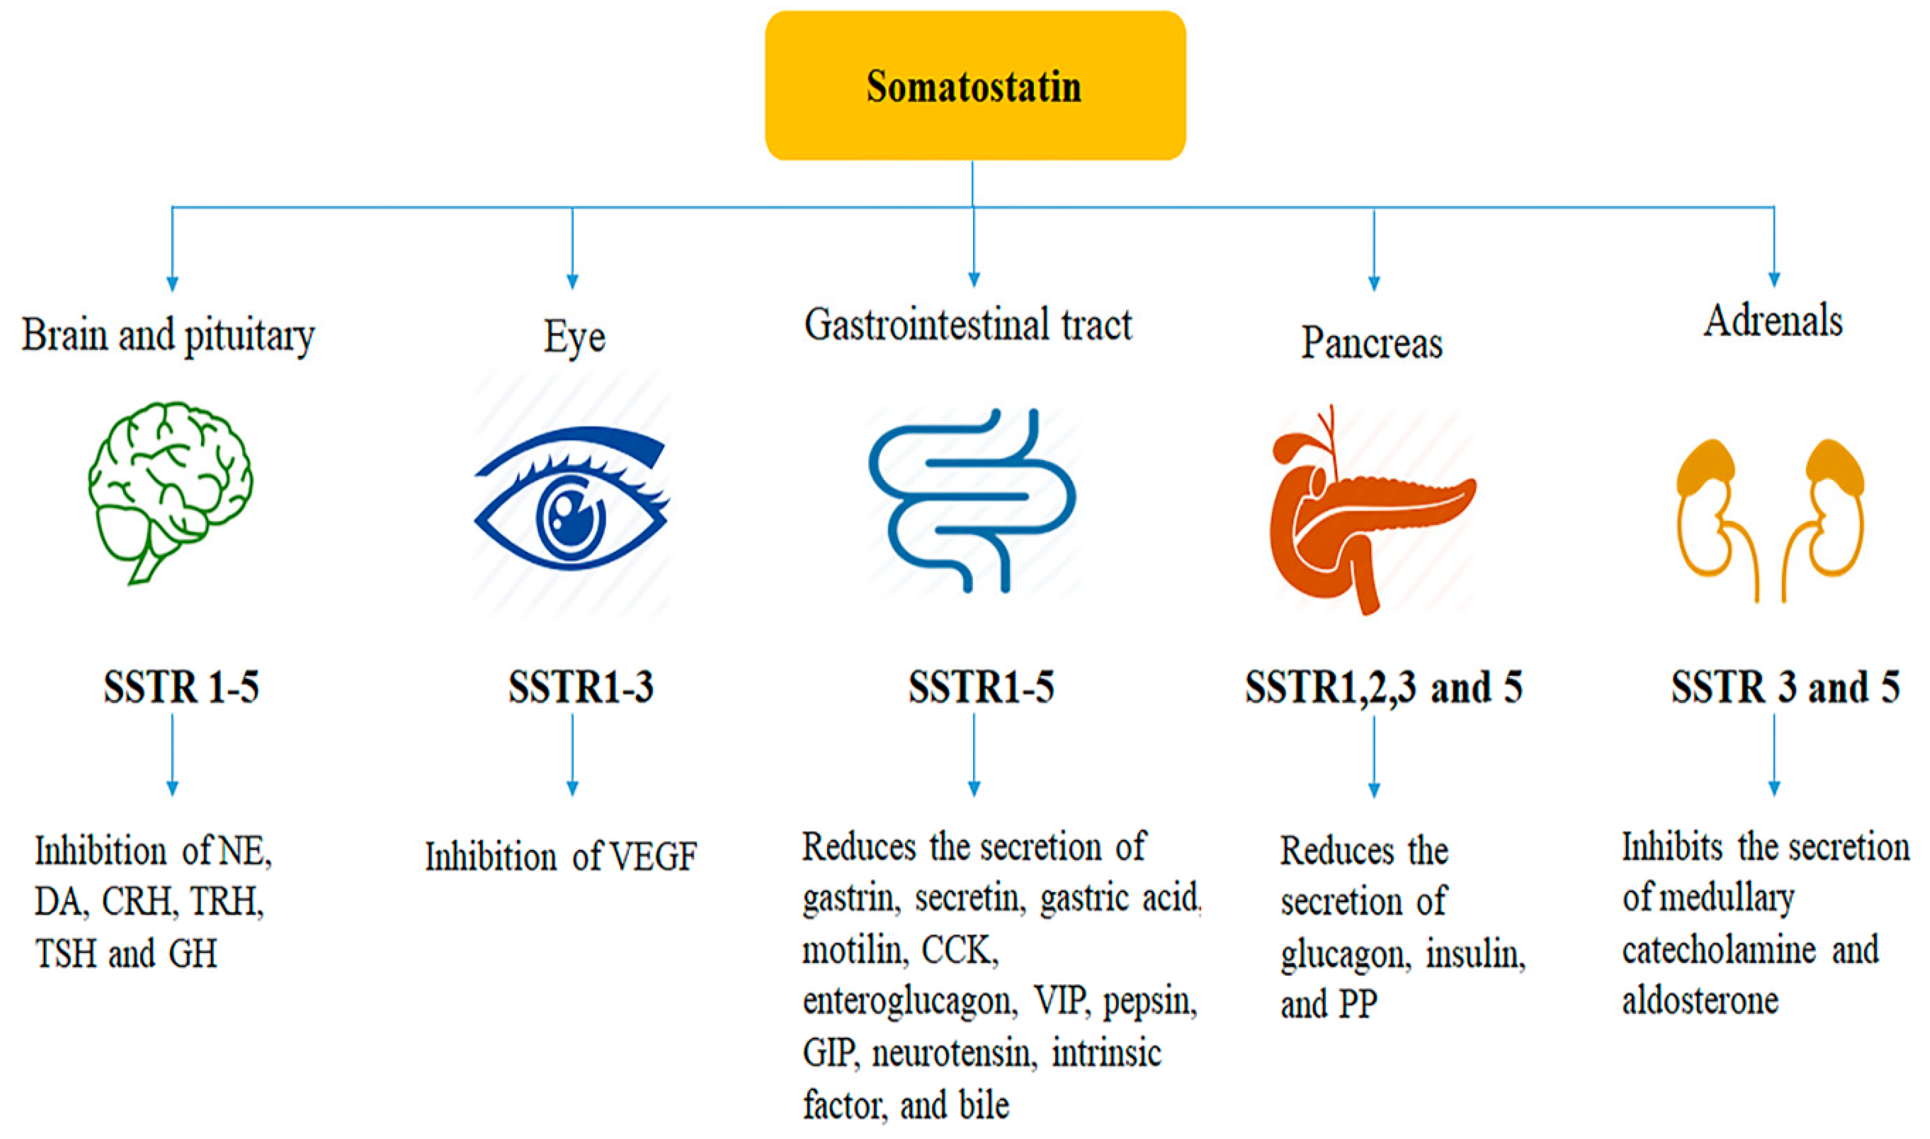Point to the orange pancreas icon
click(x=1371, y=511)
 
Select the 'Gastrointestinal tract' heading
click(x=967, y=325)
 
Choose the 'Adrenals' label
click(x=1772, y=321)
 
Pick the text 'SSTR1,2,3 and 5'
click(x=1383, y=687)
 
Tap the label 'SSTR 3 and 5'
click(x=1785, y=687)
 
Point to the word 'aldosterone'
click(x=1700, y=1001)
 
